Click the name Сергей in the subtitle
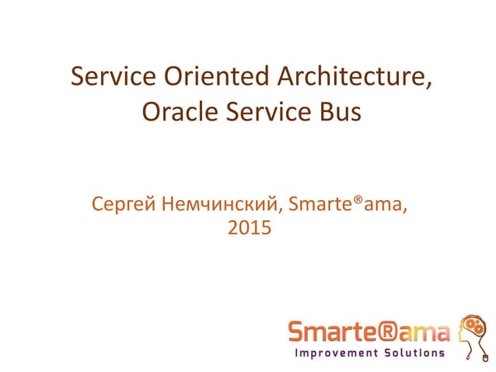pos(124,205)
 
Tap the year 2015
pos(248,229)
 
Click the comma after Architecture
pos(429,86)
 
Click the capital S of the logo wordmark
pos(297,332)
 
